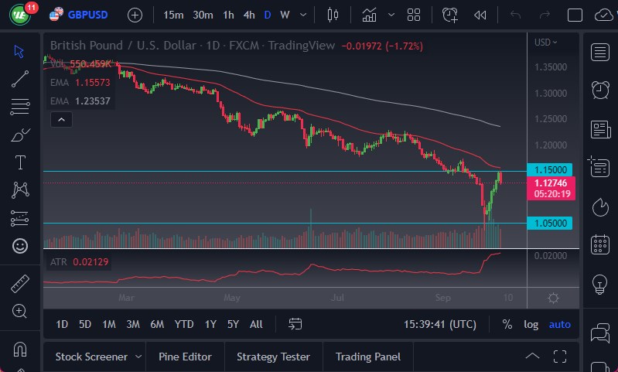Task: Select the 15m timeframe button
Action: [x=173, y=15]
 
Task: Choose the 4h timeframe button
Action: [x=248, y=15]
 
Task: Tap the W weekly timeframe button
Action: [x=285, y=15]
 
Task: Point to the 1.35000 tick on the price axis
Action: [x=551, y=67]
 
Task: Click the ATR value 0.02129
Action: [x=91, y=262]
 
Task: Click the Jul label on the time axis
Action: [x=337, y=296]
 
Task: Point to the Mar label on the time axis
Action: [x=127, y=296]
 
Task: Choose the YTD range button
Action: [x=184, y=324]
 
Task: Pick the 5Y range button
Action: [x=233, y=324]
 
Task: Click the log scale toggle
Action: [x=531, y=324]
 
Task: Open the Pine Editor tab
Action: [x=185, y=357]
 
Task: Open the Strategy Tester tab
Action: [x=273, y=357]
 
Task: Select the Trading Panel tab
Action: [x=367, y=357]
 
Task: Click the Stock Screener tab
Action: [x=90, y=357]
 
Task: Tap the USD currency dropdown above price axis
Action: [x=545, y=42]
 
